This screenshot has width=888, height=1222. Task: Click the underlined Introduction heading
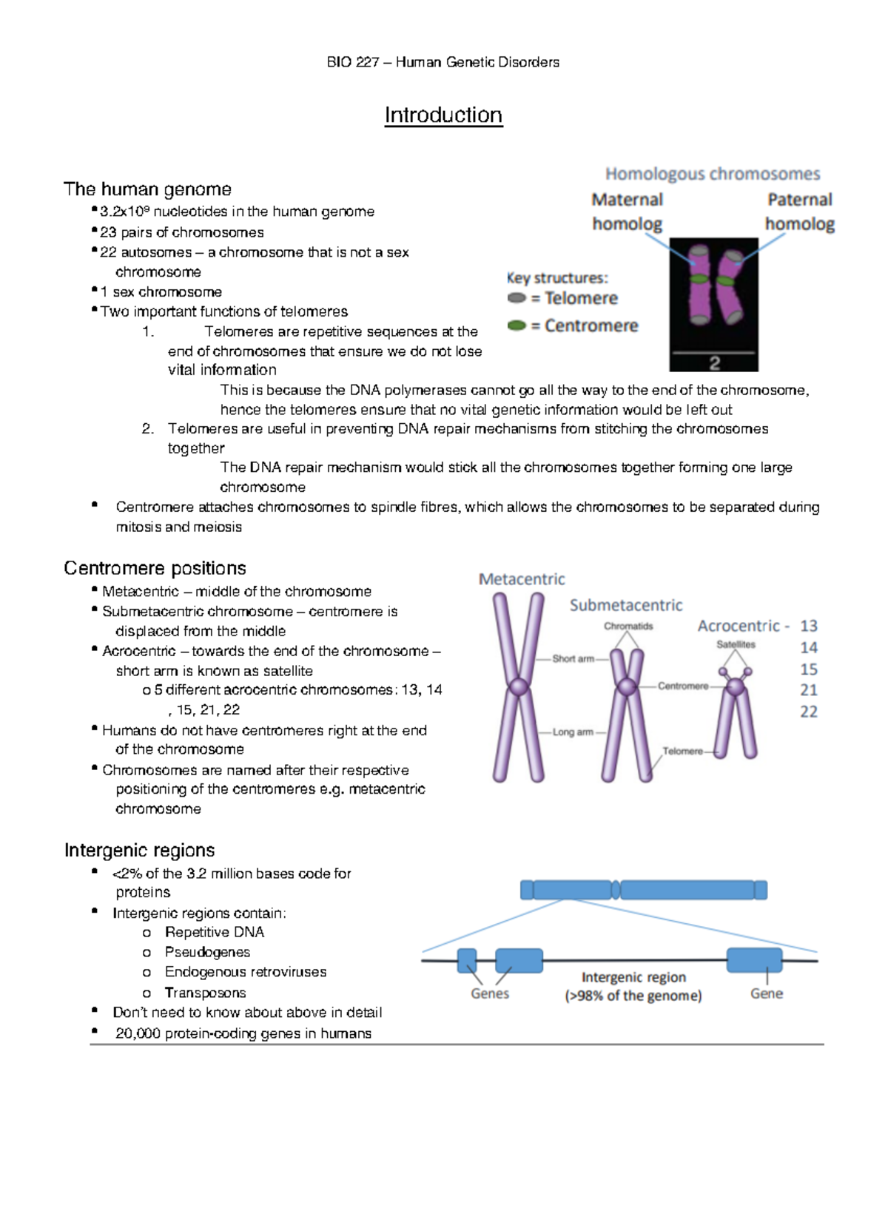pos(443,115)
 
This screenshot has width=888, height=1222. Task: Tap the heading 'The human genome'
pos(147,189)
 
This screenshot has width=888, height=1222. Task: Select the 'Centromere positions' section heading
pos(155,568)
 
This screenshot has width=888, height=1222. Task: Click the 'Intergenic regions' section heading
pos(139,850)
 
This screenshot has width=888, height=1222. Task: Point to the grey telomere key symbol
pos(517,298)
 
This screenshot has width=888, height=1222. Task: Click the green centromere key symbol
pos(517,325)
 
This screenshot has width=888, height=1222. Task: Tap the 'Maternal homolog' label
pos(627,212)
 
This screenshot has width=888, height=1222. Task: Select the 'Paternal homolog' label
pos(799,212)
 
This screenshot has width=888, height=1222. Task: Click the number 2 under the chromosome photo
pos(714,363)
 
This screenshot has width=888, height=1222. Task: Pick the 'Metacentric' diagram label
pos(522,579)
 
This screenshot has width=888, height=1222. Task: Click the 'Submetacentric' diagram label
pos(626,605)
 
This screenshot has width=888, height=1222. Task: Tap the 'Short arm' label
pos(573,658)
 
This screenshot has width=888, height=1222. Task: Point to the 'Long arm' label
pos(573,732)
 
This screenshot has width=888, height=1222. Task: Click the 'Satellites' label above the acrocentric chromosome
pos(736,644)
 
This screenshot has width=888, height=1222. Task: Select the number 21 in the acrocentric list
pos(809,690)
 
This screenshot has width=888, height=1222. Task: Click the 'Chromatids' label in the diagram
pos(628,627)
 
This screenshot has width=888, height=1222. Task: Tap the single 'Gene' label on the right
pos(767,993)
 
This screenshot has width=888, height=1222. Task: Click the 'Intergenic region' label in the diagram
pos(633,977)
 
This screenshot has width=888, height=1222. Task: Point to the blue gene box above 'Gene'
pos(754,959)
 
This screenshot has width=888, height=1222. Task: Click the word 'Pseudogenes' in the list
pos(207,952)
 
